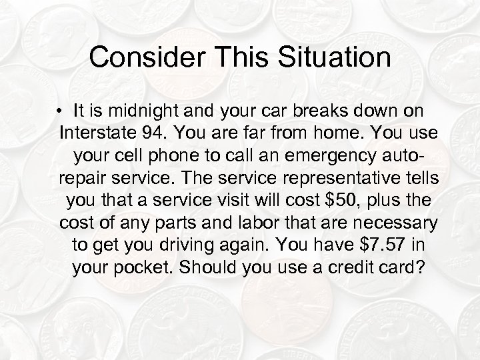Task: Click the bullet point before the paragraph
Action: [59, 110]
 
